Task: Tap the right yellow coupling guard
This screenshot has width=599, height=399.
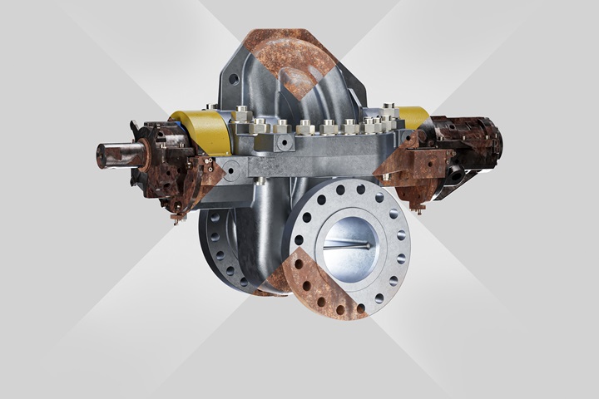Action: [413, 117]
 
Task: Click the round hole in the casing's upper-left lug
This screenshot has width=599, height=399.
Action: [235, 81]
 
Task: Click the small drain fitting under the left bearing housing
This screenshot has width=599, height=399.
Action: [176, 218]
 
